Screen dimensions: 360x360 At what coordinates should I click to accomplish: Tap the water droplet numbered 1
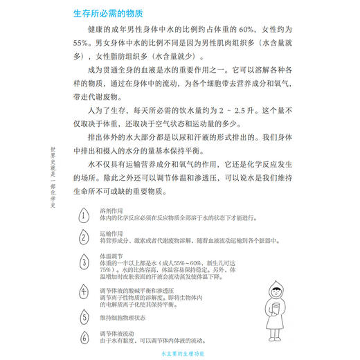click(84, 215)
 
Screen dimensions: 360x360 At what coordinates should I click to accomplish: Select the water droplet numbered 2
click(84, 237)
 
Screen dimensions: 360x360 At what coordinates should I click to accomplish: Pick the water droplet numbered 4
click(84, 291)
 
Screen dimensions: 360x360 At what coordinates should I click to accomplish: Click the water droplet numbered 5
click(84, 316)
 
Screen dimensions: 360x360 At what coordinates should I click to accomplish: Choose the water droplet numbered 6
click(84, 338)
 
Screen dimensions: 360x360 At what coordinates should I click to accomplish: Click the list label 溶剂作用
click(111, 210)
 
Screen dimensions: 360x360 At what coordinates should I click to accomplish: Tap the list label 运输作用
click(111, 233)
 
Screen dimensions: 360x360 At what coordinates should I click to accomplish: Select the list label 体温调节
click(111, 255)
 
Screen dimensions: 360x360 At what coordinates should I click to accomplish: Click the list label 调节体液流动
click(117, 334)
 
